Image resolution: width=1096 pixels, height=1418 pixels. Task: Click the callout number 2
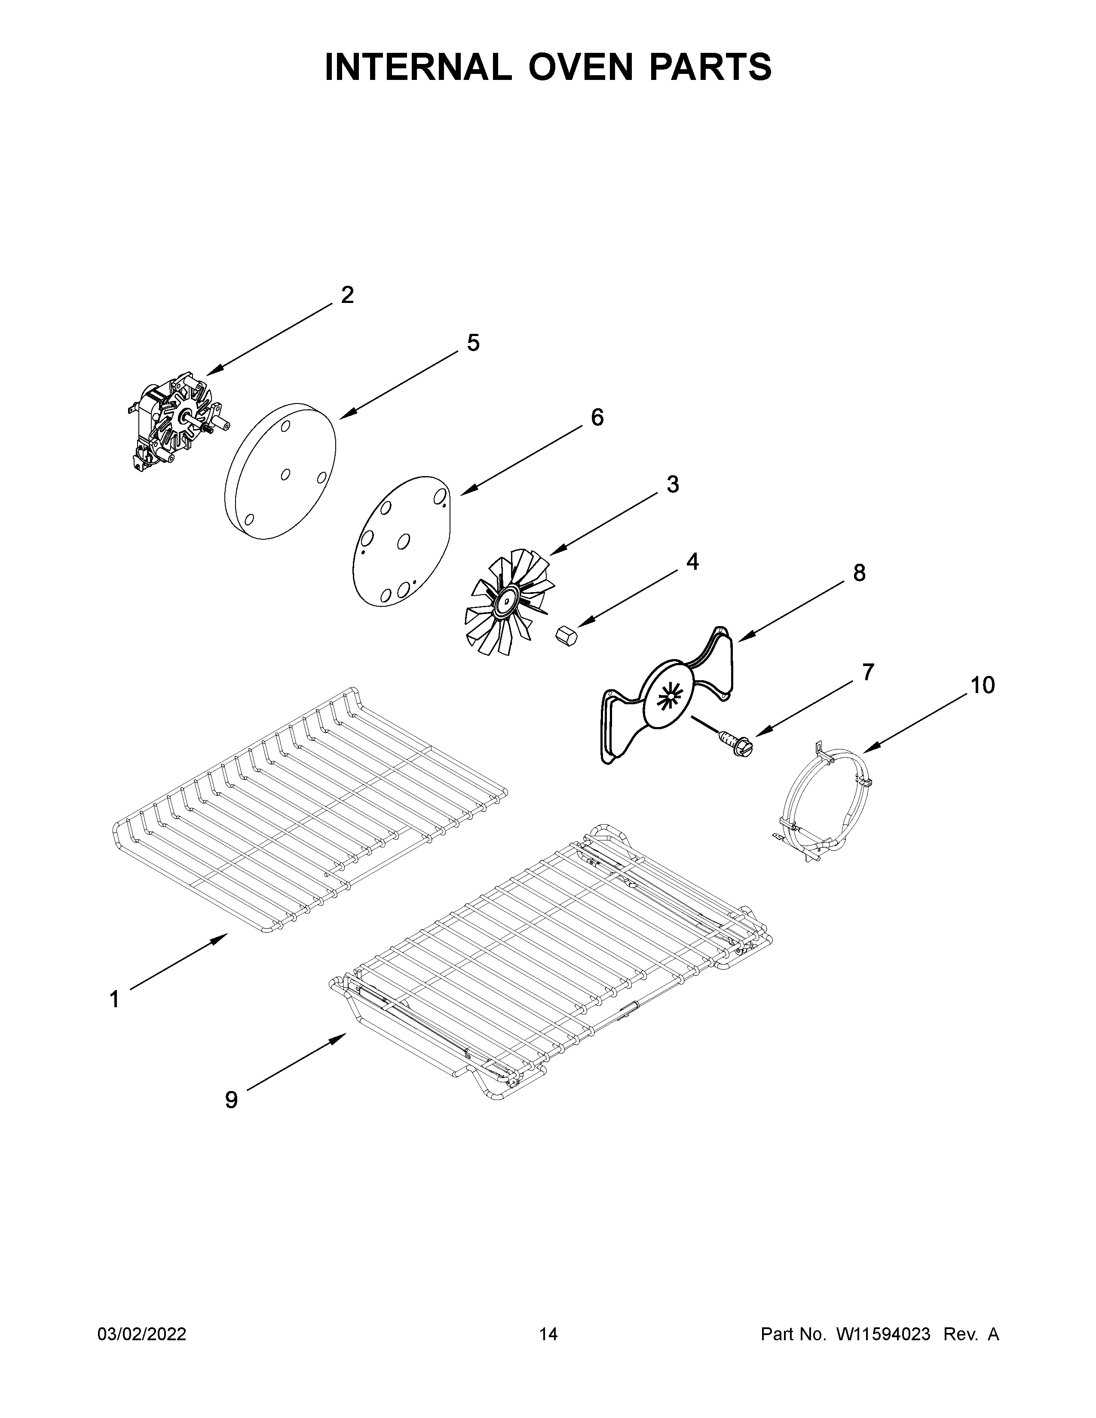pos(347,296)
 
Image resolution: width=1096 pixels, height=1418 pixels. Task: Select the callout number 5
pos(473,343)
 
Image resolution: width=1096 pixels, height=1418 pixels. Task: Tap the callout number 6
pos(597,418)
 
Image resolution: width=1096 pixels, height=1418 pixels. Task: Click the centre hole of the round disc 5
pos(285,475)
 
